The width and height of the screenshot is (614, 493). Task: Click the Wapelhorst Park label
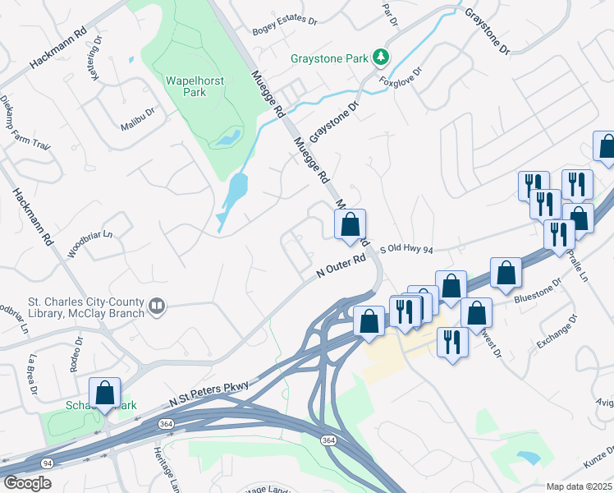tap(196, 86)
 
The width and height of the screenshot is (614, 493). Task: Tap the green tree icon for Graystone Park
tap(380, 57)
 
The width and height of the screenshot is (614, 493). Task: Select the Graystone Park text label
tap(329, 58)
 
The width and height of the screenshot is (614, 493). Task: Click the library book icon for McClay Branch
tap(156, 307)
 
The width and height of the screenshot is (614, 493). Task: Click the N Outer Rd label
tap(341, 268)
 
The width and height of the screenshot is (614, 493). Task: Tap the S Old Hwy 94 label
tap(406, 248)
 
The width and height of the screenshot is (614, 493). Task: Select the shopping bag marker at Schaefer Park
tap(105, 394)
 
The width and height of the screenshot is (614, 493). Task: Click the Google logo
tap(28, 482)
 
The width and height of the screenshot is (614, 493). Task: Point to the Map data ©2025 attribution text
tap(579, 486)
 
